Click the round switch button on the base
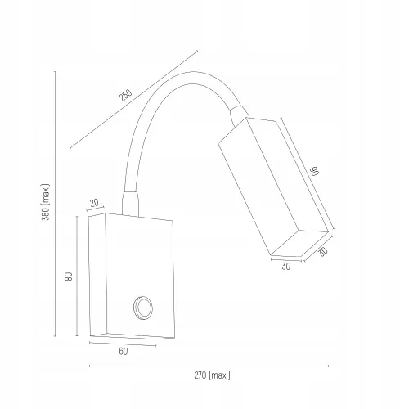[x=142, y=308]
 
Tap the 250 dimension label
[x=126, y=95]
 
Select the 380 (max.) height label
[x=46, y=202]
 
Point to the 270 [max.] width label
[x=212, y=375]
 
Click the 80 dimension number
[x=69, y=276]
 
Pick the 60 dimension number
[x=124, y=352]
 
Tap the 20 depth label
[x=94, y=203]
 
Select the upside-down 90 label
[x=315, y=171]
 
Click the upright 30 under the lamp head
[x=286, y=267]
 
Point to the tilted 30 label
[x=323, y=251]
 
